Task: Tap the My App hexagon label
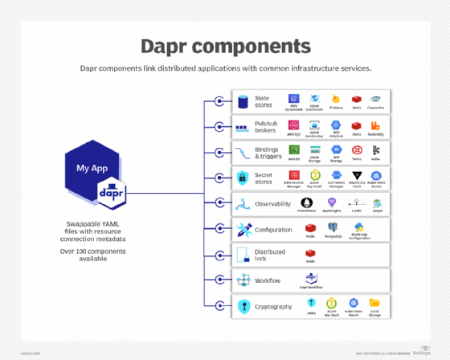pyautogui.click(x=92, y=168)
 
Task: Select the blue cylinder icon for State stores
pyautogui.click(x=243, y=101)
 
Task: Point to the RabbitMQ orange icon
pyautogui.click(x=374, y=125)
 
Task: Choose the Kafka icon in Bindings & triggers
pyautogui.click(x=374, y=150)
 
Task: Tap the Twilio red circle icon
pyautogui.click(x=354, y=150)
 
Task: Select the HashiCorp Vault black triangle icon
pyautogui.click(x=354, y=176)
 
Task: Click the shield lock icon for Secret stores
pyautogui.click(x=243, y=178)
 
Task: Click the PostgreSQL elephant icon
pyautogui.click(x=333, y=228)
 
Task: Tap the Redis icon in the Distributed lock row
pyautogui.click(x=309, y=253)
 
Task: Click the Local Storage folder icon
pyautogui.click(x=374, y=304)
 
